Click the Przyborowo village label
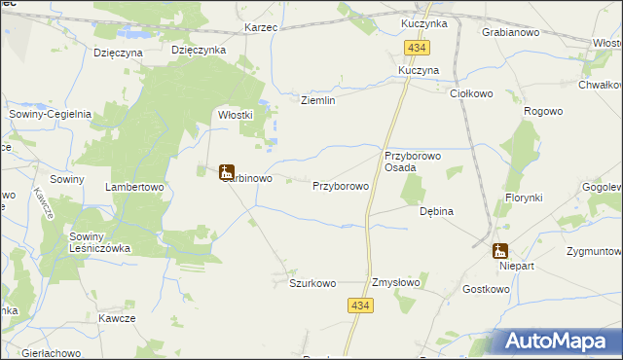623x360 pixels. pos(340,185)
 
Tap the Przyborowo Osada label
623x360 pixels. pos(414,162)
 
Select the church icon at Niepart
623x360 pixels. pos(500,250)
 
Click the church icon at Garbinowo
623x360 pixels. pos(227,172)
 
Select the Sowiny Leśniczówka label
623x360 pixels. pos(99,242)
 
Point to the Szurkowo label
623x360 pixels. pos(312,283)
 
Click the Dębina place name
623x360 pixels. pos(436,210)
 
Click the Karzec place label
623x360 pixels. pos(262,28)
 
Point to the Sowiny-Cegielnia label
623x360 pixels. pos(51,114)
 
